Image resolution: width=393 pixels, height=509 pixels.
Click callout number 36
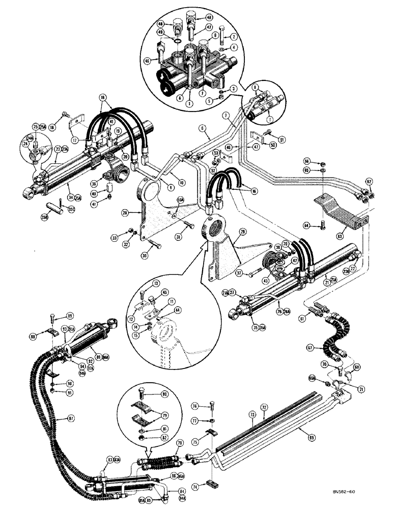[94, 185]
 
